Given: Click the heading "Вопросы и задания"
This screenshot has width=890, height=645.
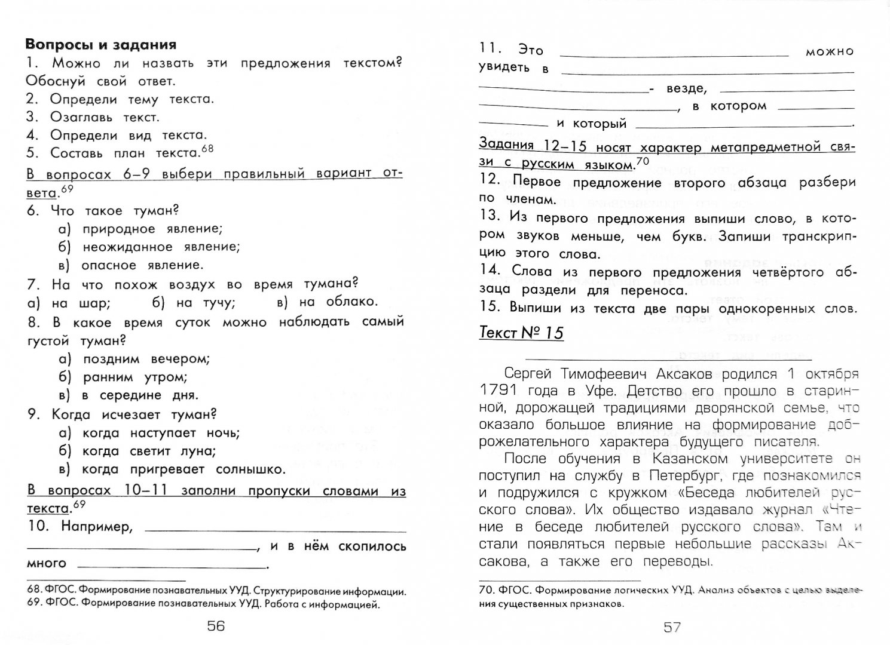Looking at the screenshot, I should coord(100,44).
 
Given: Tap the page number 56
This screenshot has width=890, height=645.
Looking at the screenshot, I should coord(215,625).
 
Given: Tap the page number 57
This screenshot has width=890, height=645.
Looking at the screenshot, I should coord(672,626).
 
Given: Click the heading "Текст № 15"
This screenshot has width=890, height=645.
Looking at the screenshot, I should coord(521,333).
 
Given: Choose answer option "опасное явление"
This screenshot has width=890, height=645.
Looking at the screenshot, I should coord(142,265).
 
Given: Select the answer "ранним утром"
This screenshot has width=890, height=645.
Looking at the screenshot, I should coord(135,377).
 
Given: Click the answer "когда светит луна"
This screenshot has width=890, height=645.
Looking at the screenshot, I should coord(149,451).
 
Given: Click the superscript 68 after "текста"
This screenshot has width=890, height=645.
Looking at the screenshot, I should coord(207,149).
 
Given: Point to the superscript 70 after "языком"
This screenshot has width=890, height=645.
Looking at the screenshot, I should coord(642,159).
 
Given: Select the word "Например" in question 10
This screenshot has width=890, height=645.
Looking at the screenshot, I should coord(96,526).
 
